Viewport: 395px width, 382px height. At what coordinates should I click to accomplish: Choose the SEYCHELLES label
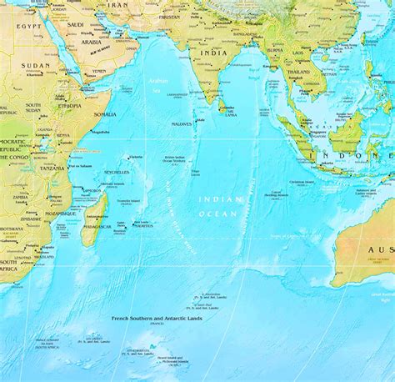click(117, 172)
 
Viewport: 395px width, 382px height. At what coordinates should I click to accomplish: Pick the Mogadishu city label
click(101, 132)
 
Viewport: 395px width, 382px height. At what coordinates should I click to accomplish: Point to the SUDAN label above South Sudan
click(37, 65)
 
